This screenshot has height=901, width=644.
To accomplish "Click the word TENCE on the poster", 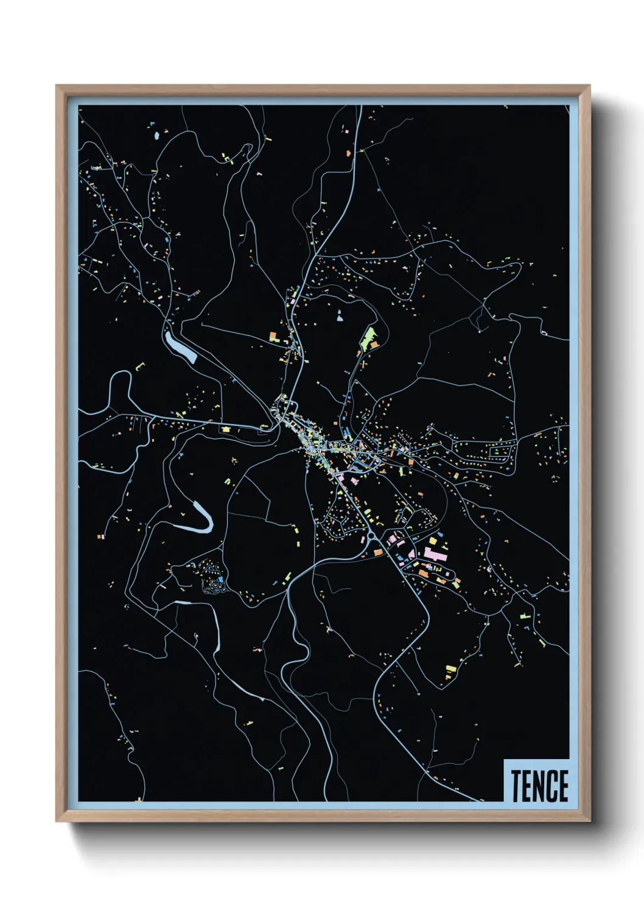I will tap(539, 785).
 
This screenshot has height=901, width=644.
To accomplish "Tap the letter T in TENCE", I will tap(516, 785).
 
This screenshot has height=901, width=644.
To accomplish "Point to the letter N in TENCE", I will tap(540, 785).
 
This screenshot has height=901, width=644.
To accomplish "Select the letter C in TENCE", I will tap(551, 785).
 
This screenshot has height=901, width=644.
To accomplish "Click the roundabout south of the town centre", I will tap(371, 536).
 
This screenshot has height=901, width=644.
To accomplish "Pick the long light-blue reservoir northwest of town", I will tap(180, 346).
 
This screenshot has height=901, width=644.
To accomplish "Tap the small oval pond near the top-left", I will tap(157, 135).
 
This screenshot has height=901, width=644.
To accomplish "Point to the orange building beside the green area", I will tap(373, 345).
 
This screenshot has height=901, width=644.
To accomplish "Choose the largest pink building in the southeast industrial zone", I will tap(434, 554).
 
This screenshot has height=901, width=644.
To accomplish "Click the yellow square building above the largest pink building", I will tap(433, 541).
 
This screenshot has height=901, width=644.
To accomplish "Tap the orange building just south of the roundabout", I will tap(377, 552).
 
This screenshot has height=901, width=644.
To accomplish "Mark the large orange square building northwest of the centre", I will tap(274, 335).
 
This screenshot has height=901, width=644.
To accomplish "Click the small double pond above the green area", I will tap(339, 315).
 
